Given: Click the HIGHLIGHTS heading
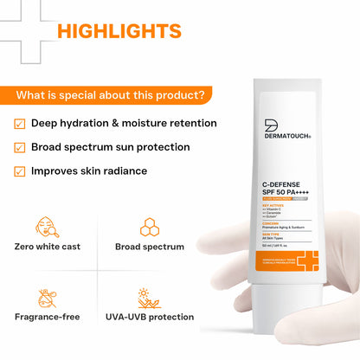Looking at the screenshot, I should [119, 32].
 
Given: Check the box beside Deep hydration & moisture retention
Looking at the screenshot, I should [20, 123].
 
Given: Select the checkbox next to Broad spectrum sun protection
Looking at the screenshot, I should [20, 147].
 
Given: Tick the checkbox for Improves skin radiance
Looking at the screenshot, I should [20, 170].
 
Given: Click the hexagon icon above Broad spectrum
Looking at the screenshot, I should [149, 226].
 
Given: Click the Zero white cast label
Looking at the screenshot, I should [47, 247].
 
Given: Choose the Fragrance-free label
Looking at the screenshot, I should [47, 317].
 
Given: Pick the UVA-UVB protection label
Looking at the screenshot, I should [150, 317].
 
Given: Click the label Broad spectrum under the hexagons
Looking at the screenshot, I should [150, 247].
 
